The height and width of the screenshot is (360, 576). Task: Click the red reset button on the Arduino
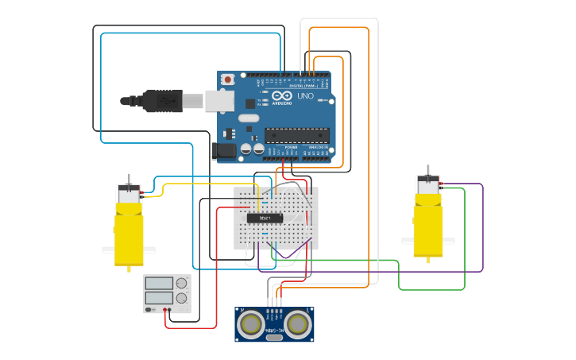(x=228, y=79)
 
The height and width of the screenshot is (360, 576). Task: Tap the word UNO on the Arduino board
(x=305, y=96)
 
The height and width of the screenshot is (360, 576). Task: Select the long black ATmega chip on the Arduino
(x=296, y=137)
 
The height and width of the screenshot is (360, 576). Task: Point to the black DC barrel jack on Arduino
(x=223, y=149)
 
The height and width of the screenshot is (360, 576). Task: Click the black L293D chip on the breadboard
(x=265, y=218)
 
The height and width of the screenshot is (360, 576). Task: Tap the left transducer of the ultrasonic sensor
(x=252, y=323)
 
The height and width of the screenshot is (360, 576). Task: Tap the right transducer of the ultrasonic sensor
(x=298, y=323)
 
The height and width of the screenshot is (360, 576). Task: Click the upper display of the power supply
(x=159, y=283)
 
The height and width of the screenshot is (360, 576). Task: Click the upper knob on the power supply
(x=182, y=283)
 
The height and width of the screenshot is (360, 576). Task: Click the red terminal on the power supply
(x=165, y=309)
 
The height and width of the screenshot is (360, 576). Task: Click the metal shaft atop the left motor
(x=129, y=179)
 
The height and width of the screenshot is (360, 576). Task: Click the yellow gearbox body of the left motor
(x=129, y=234)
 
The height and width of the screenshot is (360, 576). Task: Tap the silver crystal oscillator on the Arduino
(x=249, y=118)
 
